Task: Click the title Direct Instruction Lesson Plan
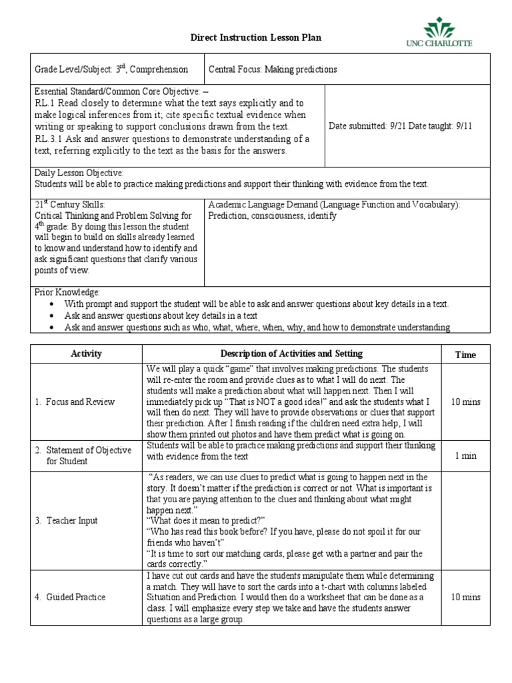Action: (x=256, y=38)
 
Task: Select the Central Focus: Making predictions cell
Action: (x=273, y=69)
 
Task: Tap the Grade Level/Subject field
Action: (x=111, y=69)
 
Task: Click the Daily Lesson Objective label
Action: (x=79, y=173)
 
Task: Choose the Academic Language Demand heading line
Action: (x=334, y=205)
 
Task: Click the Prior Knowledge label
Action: (x=67, y=292)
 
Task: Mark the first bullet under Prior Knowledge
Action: (x=256, y=304)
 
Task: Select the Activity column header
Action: (x=86, y=354)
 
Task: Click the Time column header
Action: (x=465, y=355)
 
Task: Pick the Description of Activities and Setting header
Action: (x=291, y=354)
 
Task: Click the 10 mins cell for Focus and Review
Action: (x=465, y=402)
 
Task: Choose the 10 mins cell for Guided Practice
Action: (x=465, y=597)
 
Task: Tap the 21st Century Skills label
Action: (x=69, y=205)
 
